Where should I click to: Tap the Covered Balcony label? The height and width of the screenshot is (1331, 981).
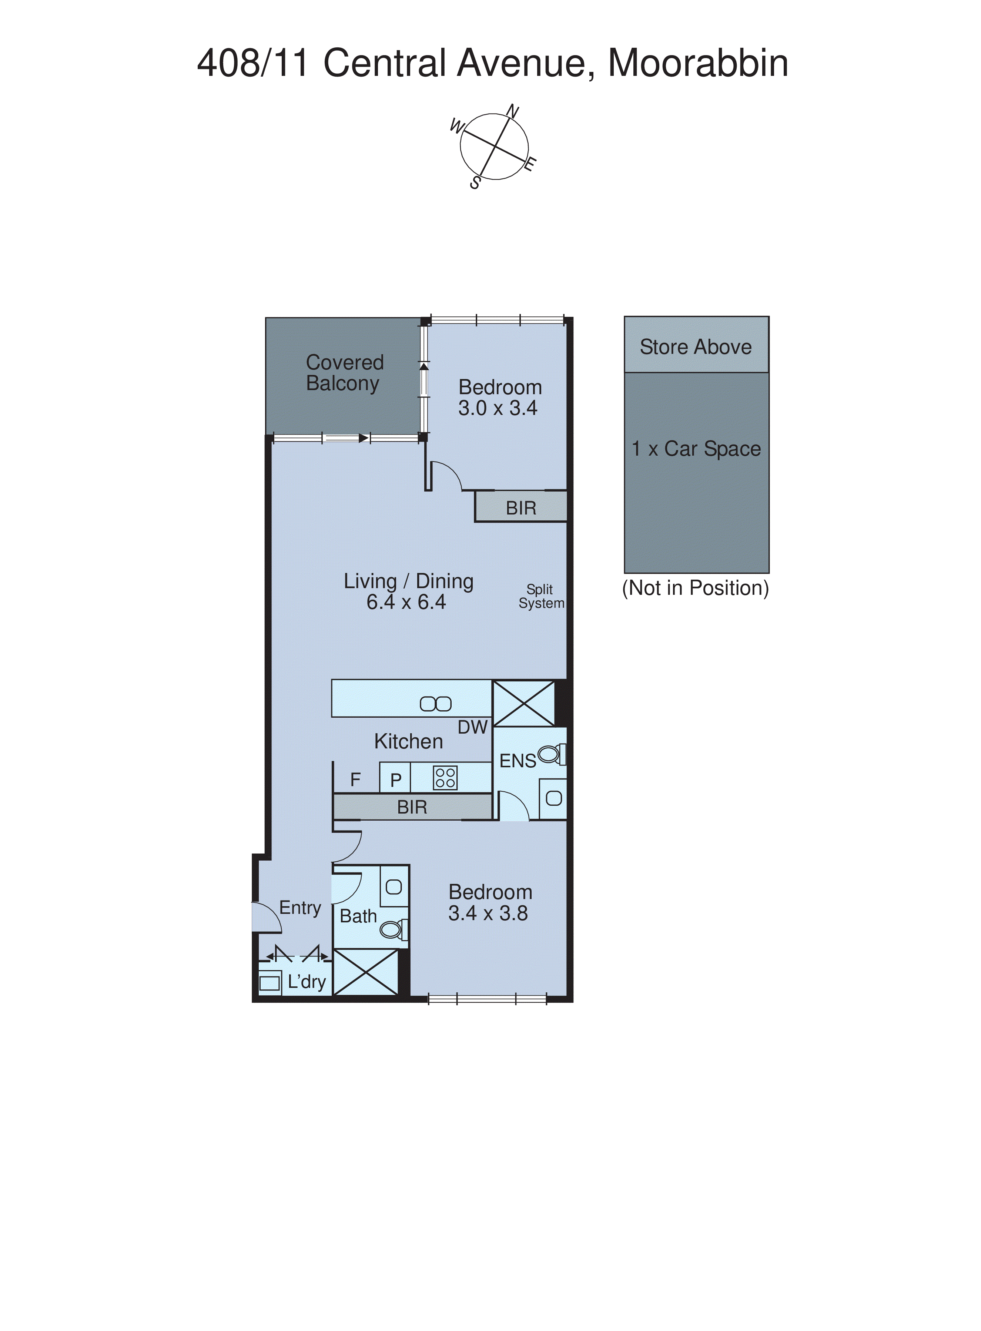(x=344, y=373)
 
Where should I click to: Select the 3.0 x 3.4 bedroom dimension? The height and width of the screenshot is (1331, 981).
(x=498, y=409)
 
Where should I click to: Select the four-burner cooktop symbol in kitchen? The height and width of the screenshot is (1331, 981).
(x=445, y=778)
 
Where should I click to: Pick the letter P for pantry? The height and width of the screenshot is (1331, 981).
(x=395, y=780)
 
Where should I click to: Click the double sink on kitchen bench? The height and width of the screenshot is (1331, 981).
(x=435, y=704)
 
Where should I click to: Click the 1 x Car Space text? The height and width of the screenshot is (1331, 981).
(x=696, y=449)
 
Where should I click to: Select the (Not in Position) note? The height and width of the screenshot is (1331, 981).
(x=695, y=588)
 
